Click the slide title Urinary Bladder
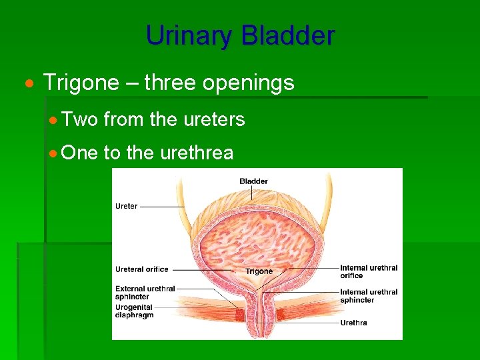click(240, 35)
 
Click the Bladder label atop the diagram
click(253, 181)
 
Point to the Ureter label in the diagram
click(127, 206)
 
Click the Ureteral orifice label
click(142, 269)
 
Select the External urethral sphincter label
click(145, 293)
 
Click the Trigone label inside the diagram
click(259, 271)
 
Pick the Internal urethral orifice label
click(368, 271)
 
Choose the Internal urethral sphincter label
click(368, 296)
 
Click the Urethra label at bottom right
click(353, 323)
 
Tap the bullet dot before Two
click(53, 121)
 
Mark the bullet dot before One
click(53, 154)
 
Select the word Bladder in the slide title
click(288, 35)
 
